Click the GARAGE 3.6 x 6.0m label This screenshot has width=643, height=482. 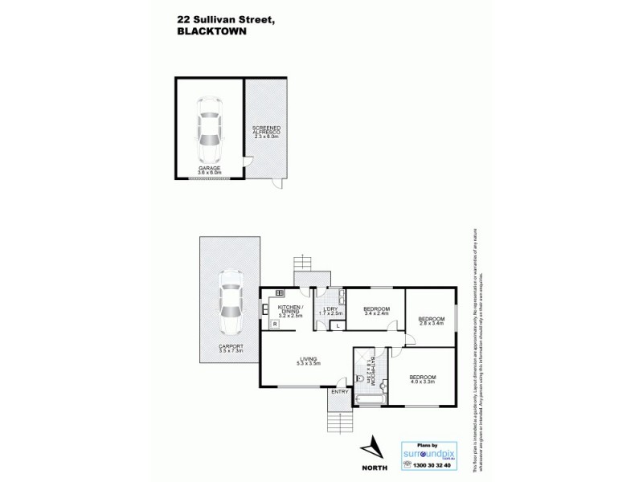(210, 170)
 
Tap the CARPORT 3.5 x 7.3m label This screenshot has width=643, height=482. (229, 349)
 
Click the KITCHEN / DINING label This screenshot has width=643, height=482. (289, 310)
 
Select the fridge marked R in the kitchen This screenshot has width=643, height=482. (275, 324)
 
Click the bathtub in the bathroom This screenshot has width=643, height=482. (370, 399)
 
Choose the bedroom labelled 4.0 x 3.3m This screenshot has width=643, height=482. (422, 380)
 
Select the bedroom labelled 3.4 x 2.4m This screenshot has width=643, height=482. (376, 311)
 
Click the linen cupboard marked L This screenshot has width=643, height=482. (338, 325)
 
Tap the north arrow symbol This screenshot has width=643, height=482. (371, 450)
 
